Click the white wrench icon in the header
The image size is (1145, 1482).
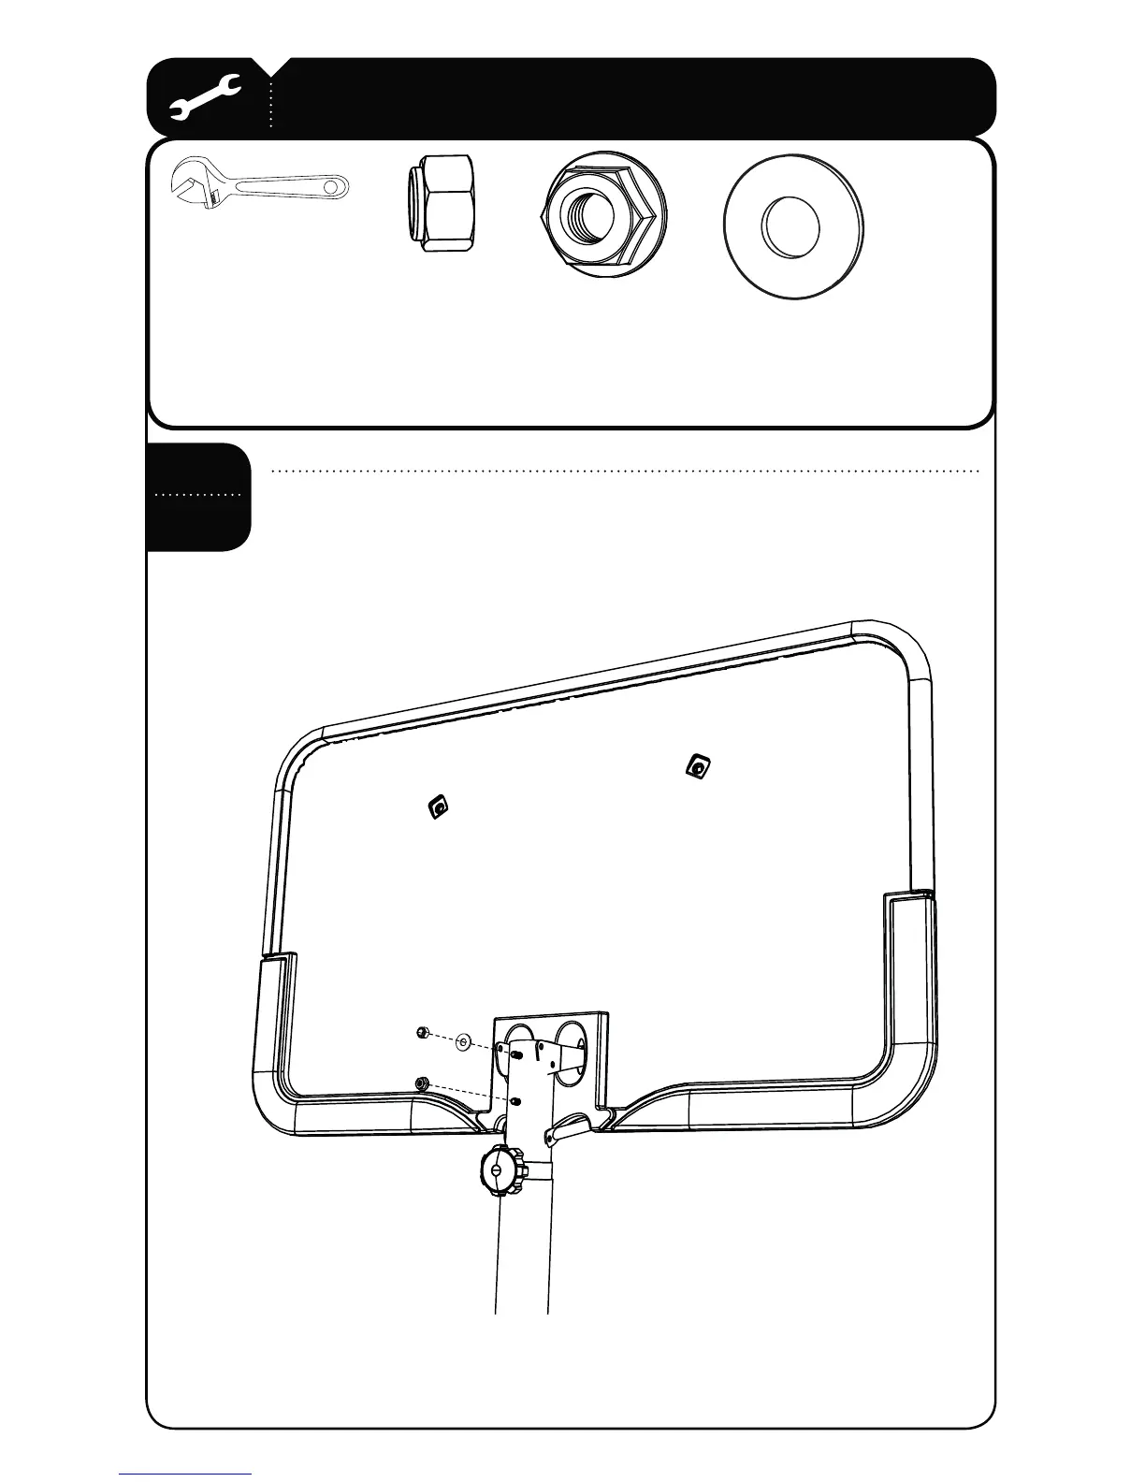[x=207, y=98]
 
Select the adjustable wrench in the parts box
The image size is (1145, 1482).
[x=260, y=187]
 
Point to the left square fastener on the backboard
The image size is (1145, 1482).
[x=438, y=806]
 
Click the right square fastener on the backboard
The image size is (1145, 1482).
[x=697, y=767]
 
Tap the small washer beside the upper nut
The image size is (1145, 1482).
[x=464, y=1041]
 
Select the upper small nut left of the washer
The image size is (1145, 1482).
[x=422, y=1033]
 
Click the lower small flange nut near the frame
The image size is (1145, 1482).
[x=422, y=1083]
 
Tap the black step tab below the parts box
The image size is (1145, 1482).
[x=199, y=497]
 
